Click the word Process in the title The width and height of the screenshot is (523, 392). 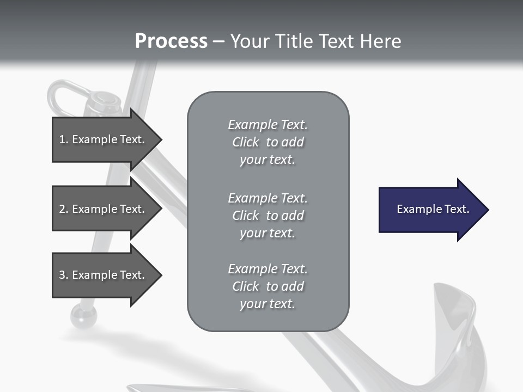(171, 41)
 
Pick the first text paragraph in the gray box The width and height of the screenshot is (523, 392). (267, 142)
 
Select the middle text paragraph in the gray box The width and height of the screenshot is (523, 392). (267, 216)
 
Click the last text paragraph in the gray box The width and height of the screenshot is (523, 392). (267, 286)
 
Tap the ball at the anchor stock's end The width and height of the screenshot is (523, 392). (83, 316)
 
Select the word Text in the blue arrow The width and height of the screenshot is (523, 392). (457, 209)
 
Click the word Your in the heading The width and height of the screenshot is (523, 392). (250, 41)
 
